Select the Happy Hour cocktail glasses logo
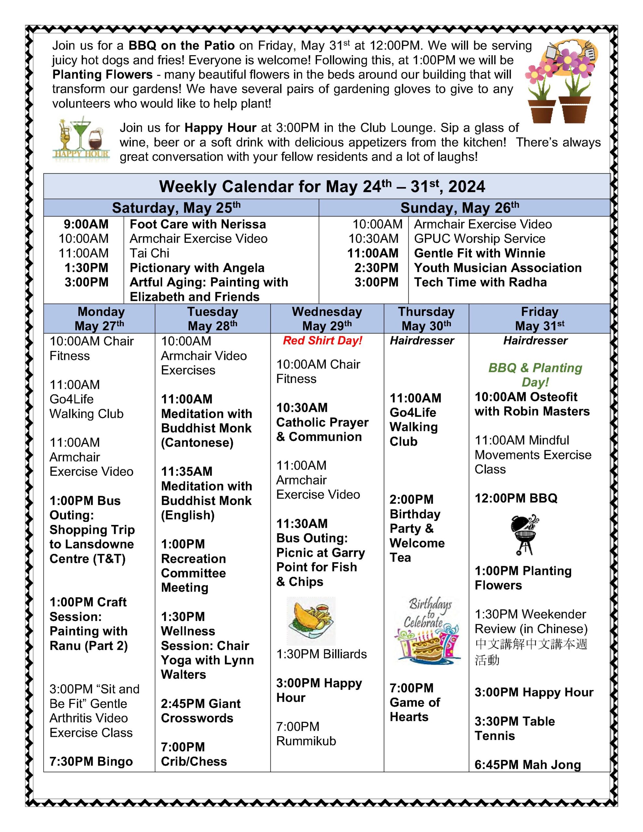(81, 139)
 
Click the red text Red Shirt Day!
(322, 341)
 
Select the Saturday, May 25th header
(176, 208)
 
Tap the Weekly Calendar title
(322, 186)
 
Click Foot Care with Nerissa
(197, 224)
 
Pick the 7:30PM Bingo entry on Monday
(91, 761)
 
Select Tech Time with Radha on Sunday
(480, 282)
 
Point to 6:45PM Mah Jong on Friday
(528, 765)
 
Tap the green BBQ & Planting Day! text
(535, 374)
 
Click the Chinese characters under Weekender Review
(531, 652)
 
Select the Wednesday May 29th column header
(327, 318)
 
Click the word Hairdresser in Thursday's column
(422, 341)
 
